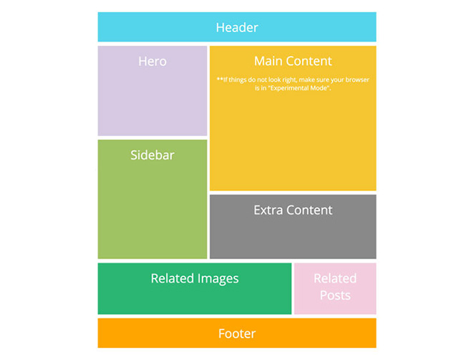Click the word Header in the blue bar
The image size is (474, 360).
[236, 28]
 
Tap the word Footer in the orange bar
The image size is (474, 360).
[236, 334]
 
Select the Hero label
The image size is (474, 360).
[152, 62]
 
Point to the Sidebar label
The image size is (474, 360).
[152, 155]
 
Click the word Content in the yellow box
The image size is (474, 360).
[310, 62]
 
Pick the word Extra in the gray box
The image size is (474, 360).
[269, 210]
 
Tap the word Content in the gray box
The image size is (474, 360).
[309, 210]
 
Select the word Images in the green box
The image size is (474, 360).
[218, 278]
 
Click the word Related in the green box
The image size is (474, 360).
[172, 278]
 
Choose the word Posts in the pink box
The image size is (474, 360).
[335, 295]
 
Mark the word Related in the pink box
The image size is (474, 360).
[335, 278]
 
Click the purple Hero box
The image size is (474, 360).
[152, 104]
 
